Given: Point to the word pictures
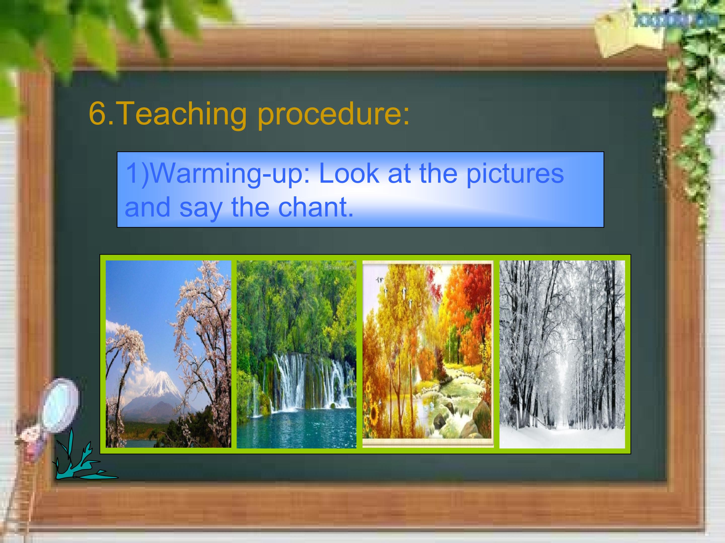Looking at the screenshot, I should coord(515,174).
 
